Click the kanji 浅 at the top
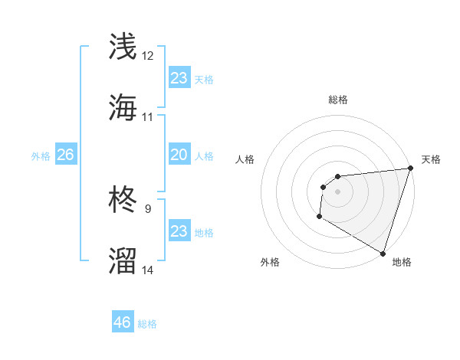tap(123, 47)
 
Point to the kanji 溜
tap(123, 261)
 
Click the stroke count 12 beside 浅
tap(148, 55)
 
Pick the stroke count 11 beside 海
tap(148, 117)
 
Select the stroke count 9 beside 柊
tap(148, 208)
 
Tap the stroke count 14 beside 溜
tap(148, 270)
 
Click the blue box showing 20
tap(179, 155)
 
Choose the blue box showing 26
tap(65, 155)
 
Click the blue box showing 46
tap(123, 322)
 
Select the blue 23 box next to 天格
tap(179, 78)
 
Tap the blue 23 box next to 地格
tap(179, 231)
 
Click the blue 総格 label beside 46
tap(147, 324)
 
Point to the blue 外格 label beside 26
tap(41, 156)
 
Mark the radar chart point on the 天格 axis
tap(410, 169)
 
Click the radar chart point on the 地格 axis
tap(383, 253)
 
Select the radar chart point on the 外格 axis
tap(319, 217)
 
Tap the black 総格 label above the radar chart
tap(337, 100)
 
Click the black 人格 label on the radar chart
tap(245, 159)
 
